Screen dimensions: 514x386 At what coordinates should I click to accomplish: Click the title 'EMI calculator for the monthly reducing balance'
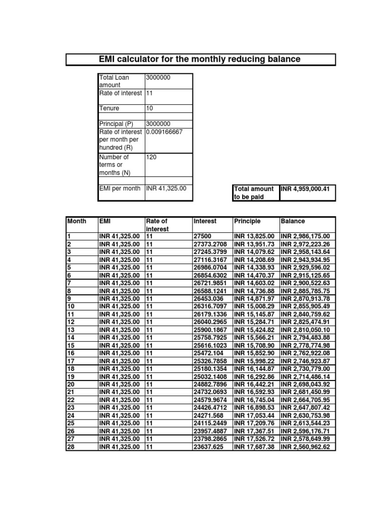click(200, 59)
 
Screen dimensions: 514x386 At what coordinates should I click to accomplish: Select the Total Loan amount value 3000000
click(158, 77)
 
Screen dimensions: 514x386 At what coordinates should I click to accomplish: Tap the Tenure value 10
click(150, 108)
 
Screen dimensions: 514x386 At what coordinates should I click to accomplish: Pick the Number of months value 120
click(151, 157)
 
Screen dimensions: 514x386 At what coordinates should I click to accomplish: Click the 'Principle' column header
click(247, 221)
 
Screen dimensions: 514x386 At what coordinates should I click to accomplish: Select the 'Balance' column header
click(293, 221)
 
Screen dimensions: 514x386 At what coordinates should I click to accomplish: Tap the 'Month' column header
click(76, 221)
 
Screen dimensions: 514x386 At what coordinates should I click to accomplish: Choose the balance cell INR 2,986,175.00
click(306, 236)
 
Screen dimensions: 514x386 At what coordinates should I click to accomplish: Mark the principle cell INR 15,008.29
click(254, 306)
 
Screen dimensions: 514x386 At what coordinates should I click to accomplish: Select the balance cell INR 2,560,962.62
click(306, 447)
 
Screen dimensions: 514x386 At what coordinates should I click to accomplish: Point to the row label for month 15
click(71, 345)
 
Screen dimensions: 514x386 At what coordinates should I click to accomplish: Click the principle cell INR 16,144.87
click(254, 368)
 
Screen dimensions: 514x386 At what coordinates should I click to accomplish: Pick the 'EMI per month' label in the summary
click(120, 189)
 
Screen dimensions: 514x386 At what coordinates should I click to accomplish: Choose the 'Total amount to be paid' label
click(254, 193)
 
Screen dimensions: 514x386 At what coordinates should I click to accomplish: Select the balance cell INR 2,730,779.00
click(306, 368)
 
